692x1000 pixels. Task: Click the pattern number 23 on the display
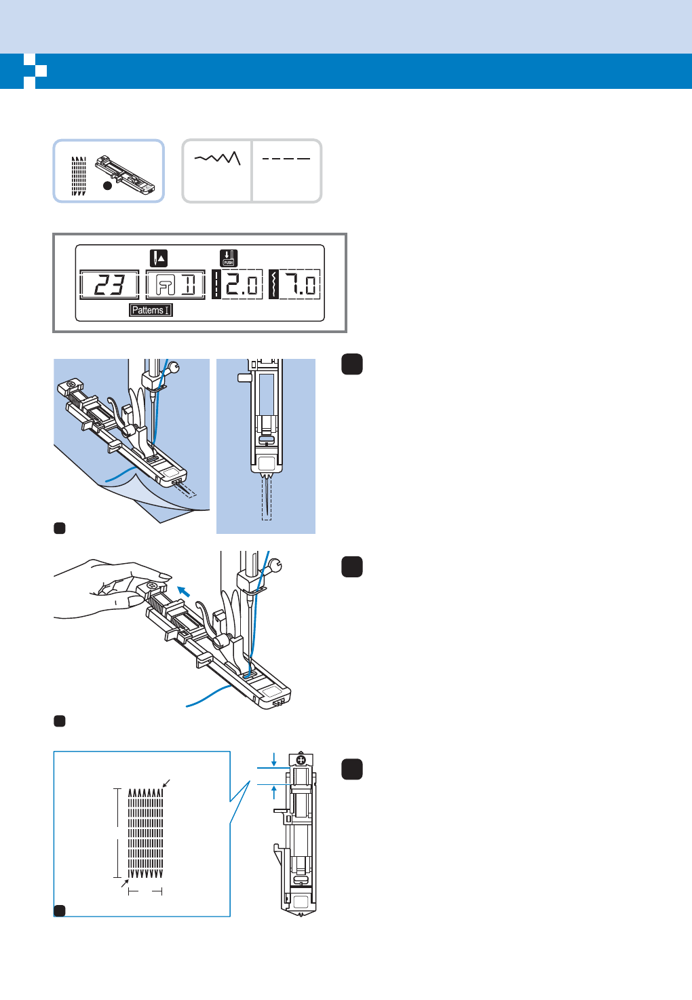tap(109, 285)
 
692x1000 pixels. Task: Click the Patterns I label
tap(151, 310)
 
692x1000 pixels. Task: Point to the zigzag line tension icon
tap(217, 158)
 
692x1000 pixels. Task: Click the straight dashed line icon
tap(286, 159)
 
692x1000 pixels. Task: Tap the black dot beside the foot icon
tap(107, 185)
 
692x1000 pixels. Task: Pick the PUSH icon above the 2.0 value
tap(229, 258)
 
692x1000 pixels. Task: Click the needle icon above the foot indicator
tap(159, 258)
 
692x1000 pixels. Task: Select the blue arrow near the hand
tap(182, 591)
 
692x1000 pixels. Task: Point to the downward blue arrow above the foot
tap(274, 758)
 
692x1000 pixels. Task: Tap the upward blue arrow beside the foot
tap(274, 792)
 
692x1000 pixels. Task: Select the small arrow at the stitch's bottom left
tap(124, 884)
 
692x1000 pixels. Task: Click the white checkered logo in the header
tap(35, 71)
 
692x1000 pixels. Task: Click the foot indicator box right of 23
tap(176, 285)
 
